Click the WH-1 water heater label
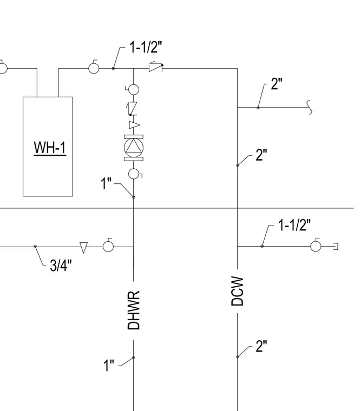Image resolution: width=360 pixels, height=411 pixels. point(50,148)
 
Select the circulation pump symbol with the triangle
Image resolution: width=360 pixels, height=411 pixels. point(134,148)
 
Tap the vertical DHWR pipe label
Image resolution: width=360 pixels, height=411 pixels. point(134,310)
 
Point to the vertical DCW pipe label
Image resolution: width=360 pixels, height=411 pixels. point(238,291)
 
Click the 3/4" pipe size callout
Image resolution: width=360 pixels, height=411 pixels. point(61,265)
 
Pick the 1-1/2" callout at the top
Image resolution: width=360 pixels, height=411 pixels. point(146,47)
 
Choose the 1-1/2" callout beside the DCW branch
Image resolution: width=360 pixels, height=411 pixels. point(294,225)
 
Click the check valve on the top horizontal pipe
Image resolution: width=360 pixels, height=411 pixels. point(156,67)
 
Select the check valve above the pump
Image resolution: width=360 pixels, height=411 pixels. point(132,109)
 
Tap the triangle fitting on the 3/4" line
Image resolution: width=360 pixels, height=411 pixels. point(83,248)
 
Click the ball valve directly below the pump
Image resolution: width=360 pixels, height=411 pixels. point(134,174)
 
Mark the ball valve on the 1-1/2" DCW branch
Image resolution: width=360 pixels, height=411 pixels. point(316,246)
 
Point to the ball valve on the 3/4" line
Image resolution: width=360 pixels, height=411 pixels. point(108,246)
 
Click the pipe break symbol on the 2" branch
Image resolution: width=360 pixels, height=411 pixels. point(310,107)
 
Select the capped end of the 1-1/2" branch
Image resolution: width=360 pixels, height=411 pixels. point(336,247)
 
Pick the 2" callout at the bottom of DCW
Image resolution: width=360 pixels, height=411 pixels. point(261,346)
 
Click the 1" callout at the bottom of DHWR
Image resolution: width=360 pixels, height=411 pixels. point(109,365)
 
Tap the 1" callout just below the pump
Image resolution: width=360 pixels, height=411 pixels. point(106,183)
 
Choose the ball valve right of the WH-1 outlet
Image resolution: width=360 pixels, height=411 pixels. point(94,68)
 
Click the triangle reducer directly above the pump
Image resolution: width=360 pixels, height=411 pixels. point(134,125)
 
